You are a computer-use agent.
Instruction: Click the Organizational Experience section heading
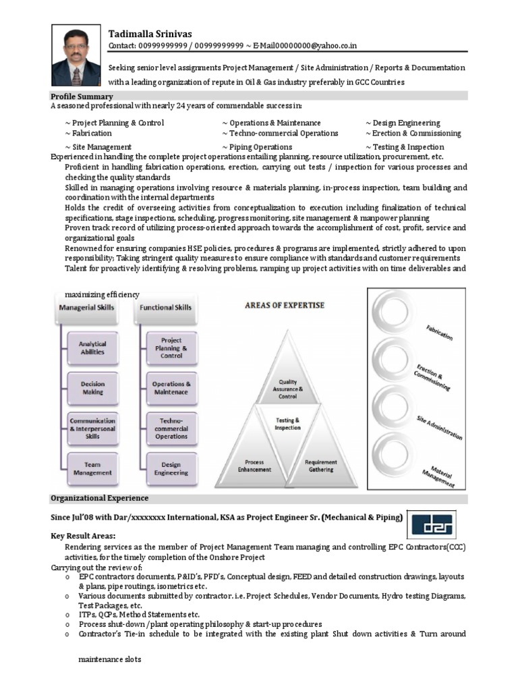point(99,498)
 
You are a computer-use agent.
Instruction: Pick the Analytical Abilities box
point(92,348)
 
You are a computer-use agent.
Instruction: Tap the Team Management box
point(92,468)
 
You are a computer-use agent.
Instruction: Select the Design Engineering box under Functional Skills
point(171,468)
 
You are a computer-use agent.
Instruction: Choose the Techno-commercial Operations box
point(171,428)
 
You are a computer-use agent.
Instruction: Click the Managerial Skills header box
point(86,308)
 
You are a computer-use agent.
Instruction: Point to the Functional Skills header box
point(165,308)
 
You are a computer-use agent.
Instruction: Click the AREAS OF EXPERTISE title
point(284,306)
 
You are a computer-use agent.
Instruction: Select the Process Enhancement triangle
point(254,466)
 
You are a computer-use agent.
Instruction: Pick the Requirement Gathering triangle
point(320,466)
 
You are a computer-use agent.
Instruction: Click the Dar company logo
point(433,524)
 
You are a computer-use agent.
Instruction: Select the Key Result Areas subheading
point(82,535)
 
